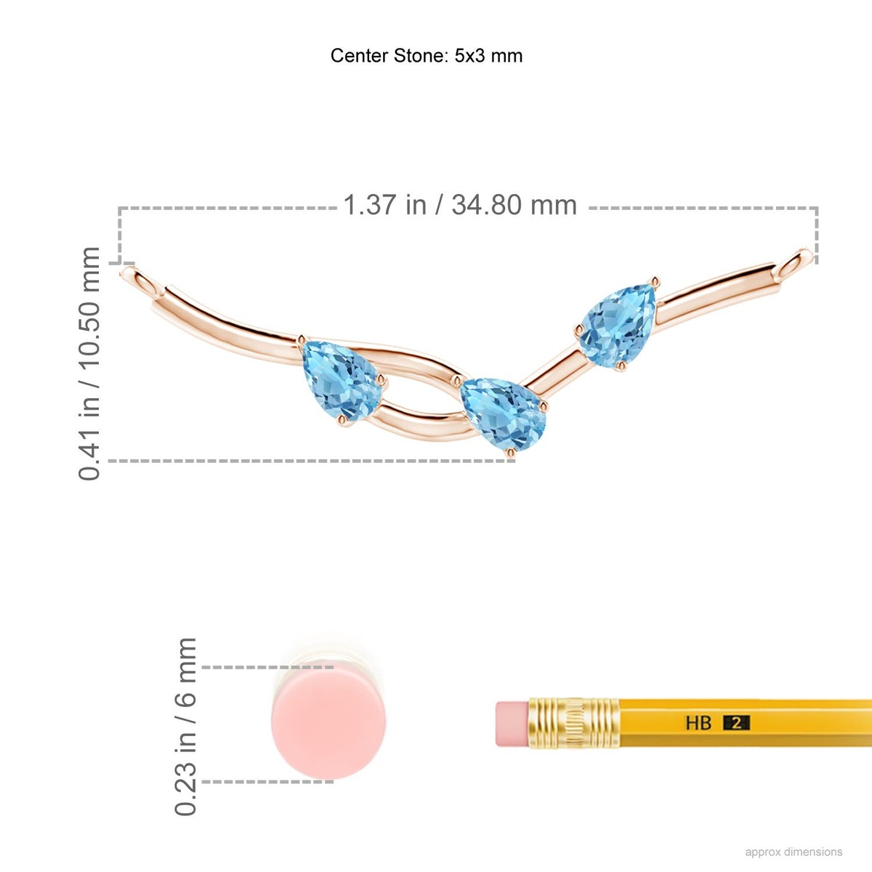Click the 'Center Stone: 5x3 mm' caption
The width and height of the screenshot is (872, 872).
coord(427,56)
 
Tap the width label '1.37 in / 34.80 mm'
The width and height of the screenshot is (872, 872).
coord(459,205)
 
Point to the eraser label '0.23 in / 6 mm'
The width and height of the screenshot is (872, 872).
coord(186,726)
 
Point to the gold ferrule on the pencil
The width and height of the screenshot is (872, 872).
coord(574,723)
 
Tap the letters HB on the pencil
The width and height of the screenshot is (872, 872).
coord(698,723)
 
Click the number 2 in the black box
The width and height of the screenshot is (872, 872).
coord(736,723)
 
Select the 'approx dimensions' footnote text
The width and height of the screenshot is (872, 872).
coord(794,852)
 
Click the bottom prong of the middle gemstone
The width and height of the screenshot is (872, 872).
coord(511,453)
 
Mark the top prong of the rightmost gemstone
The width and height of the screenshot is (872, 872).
coord(655,280)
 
